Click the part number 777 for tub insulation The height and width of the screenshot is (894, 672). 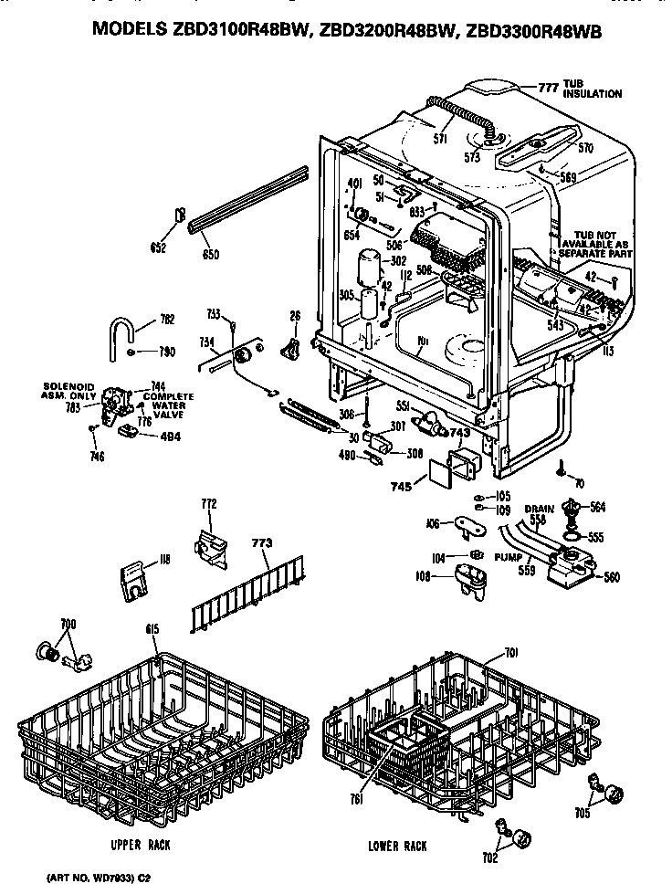[547, 88]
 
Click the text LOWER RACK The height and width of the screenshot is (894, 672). [397, 847]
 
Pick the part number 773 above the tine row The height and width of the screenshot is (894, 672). [262, 542]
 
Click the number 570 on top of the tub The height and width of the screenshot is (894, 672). [585, 146]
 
